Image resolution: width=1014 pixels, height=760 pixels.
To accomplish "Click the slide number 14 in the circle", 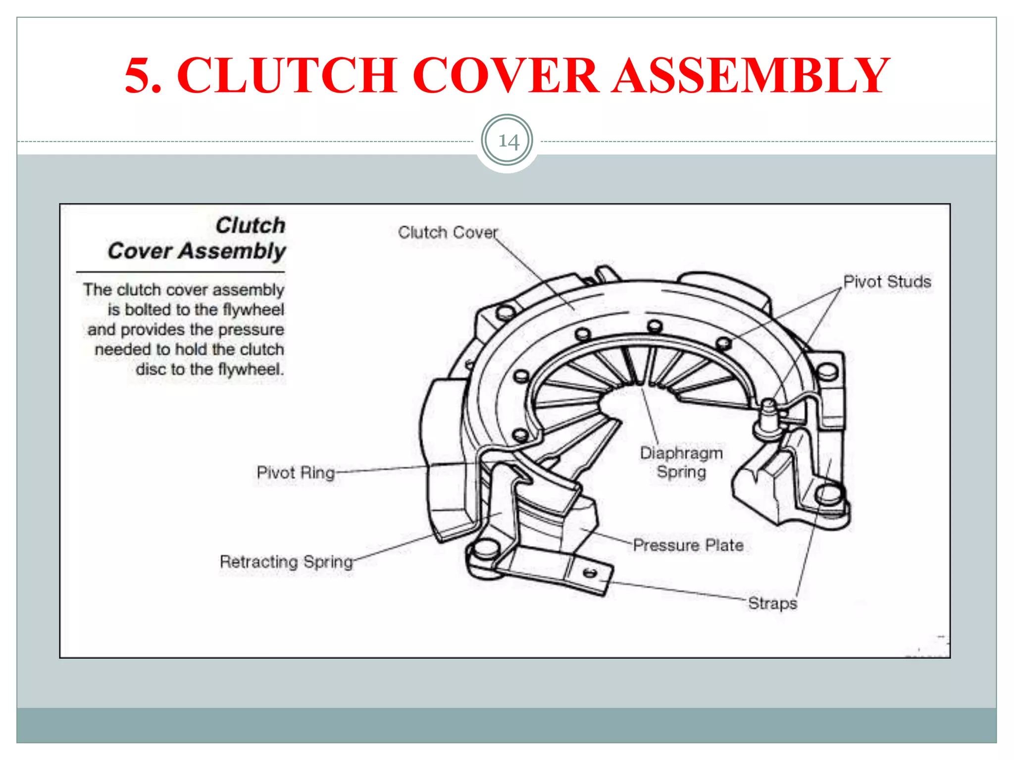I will pos(507,142).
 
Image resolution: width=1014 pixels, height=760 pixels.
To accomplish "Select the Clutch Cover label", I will pos(448,232).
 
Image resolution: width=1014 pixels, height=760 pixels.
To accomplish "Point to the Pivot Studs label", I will pos(887,282).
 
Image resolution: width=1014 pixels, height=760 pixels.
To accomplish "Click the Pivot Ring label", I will pos(296,473).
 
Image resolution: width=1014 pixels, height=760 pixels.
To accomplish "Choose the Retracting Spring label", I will pos(286,562).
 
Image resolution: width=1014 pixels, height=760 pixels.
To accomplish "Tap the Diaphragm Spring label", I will pos(681,462).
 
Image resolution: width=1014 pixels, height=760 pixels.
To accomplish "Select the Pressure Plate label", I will pos(688,545).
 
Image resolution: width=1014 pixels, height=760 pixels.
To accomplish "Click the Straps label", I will pos(772,603).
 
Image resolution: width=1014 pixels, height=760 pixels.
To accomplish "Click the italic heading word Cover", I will pos(140,251).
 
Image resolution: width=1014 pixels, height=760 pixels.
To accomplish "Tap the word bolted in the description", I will pos(148,310).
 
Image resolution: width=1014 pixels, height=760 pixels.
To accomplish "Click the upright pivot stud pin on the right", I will pos(768,413).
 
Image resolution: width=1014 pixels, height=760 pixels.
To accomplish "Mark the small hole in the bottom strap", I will pos(590,573).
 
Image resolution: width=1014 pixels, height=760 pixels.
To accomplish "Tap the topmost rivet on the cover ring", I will pos(655,326).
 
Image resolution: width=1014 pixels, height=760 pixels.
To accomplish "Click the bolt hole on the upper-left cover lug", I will pos(506,312).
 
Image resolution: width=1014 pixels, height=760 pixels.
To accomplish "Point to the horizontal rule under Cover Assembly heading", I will pos(181,272).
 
